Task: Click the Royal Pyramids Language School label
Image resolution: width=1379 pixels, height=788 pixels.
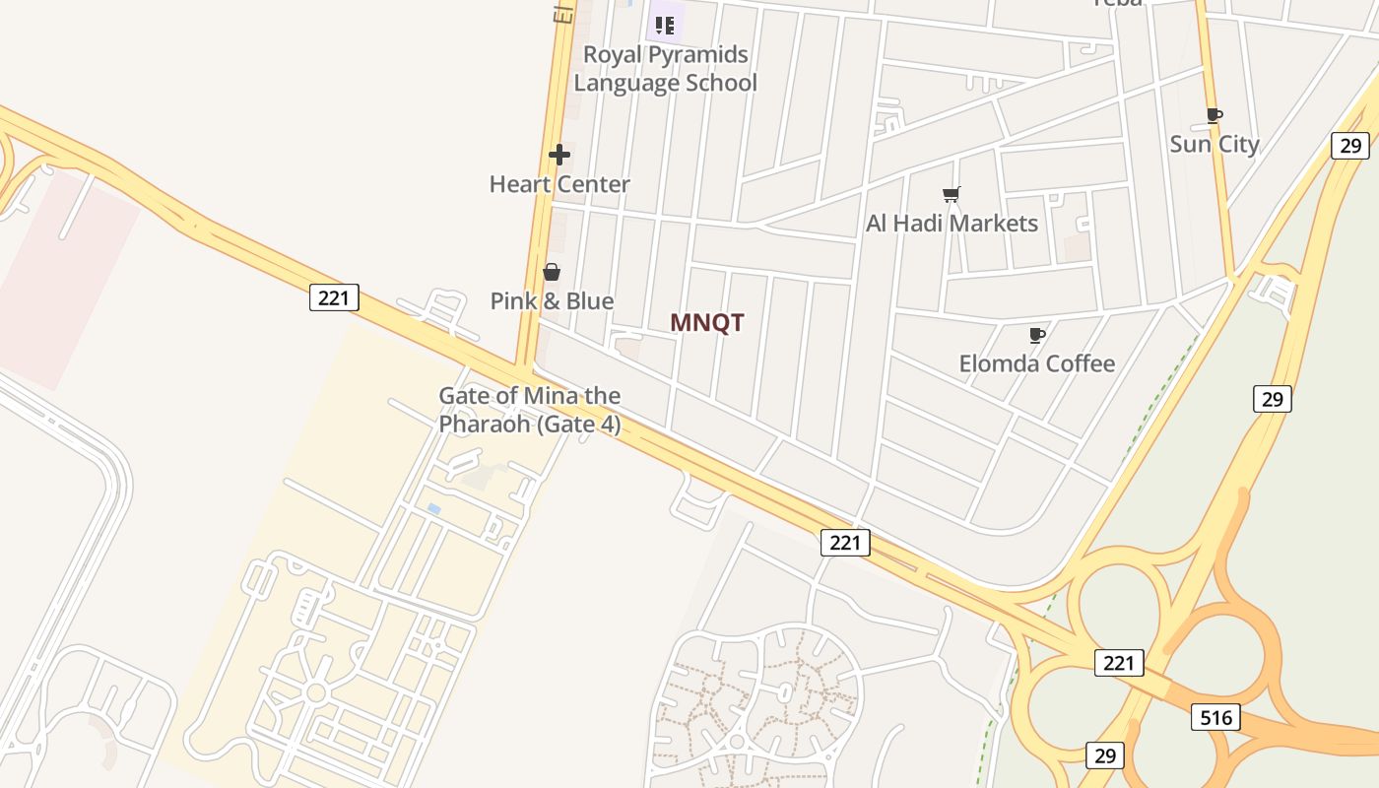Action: coord(666,69)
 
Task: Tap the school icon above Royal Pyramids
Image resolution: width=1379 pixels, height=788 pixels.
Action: coord(665,25)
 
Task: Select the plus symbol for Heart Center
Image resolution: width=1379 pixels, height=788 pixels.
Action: coord(559,155)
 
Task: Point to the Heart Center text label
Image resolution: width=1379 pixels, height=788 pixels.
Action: coord(559,184)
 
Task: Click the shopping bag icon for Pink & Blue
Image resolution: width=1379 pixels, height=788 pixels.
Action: coord(552,272)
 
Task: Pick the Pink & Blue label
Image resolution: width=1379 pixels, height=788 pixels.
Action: coord(552,301)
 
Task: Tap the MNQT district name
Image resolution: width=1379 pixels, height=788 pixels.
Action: coord(707,323)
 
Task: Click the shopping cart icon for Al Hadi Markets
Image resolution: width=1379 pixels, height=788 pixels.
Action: coord(951,194)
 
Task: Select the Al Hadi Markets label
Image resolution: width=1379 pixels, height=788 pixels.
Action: coord(952,224)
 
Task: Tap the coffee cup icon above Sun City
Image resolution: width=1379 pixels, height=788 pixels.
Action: coord(1215,115)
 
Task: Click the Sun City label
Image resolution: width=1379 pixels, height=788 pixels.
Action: coord(1215,144)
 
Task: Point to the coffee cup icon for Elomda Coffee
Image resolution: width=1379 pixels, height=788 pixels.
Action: coord(1036,335)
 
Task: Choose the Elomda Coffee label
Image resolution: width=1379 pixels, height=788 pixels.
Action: coord(1037,363)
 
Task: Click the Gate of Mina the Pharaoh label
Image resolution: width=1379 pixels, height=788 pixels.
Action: coord(530,410)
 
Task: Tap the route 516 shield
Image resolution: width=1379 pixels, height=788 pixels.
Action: coord(1215,717)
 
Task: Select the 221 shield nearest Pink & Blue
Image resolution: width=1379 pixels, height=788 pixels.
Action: coord(334,296)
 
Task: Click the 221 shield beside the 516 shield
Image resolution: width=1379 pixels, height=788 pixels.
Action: coord(1119,663)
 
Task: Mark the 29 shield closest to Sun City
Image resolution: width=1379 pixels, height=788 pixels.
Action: coord(1349,146)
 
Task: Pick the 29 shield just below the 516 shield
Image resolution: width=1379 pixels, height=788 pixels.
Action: coord(1105,755)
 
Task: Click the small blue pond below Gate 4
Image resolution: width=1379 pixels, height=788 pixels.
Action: coord(433,508)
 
